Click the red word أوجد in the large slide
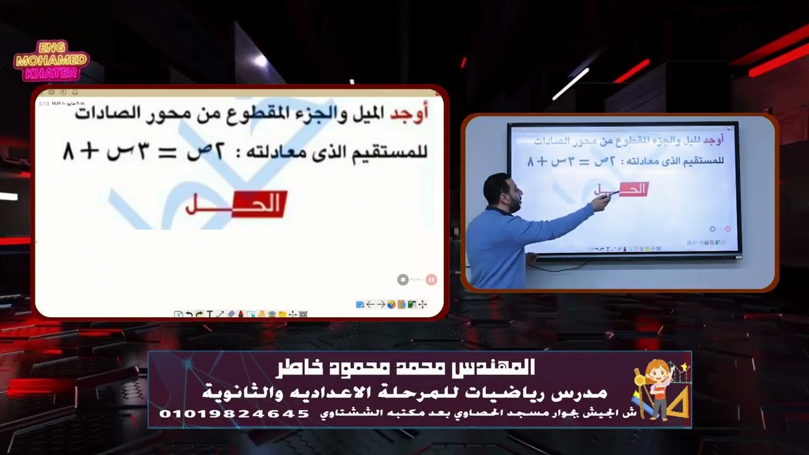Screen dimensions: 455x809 tap(409, 112)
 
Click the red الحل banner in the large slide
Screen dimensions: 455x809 tap(235, 204)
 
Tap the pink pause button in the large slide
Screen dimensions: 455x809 tap(431, 279)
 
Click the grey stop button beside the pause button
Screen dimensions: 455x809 tap(403, 279)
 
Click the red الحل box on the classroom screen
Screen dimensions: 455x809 tap(633, 188)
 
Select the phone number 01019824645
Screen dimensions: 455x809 tap(234, 414)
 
